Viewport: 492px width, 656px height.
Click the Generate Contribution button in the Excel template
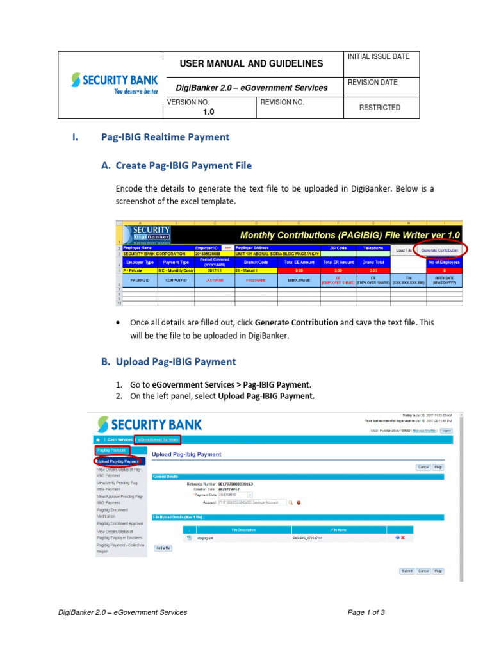pos(439,250)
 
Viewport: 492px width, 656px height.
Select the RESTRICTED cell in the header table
pos(379,108)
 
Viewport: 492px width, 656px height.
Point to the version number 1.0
pos(208,111)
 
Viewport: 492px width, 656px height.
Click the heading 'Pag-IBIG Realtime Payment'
pos(165,136)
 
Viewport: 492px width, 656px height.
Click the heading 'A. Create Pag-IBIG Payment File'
pos(176,165)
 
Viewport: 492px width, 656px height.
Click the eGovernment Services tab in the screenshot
pos(158,439)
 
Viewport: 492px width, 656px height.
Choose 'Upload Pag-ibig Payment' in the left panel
pos(119,461)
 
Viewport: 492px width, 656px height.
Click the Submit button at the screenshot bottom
pos(406,570)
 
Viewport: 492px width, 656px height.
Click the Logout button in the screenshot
pos(446,431)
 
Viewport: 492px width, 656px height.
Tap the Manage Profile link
pos(424,431)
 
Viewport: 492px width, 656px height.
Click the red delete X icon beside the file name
pos(403,537)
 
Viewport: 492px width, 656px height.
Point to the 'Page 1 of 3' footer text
pos(366,612)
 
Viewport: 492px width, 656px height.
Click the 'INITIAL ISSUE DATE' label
pos(378,57)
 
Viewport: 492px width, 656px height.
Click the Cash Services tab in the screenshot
pos(120,439)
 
